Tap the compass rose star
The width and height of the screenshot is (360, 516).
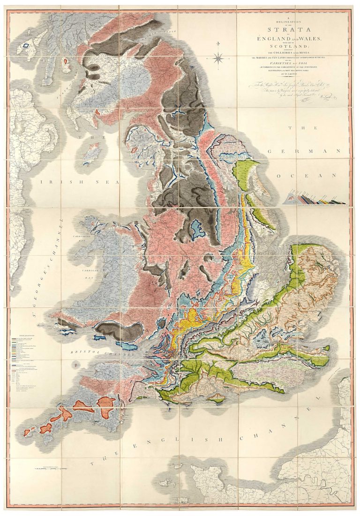pyautogui.click(x=218, y=59)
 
